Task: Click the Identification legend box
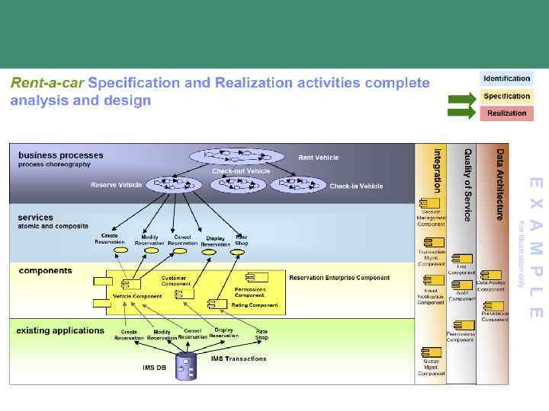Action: tap(506, 78)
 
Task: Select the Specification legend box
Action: tap(506, 96)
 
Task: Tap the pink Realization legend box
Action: tap(506, 113)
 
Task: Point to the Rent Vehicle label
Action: tap(318, 158)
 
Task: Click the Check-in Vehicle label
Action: tap(356, 186)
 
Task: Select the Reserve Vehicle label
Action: tap(116, 185)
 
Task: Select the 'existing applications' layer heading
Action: tap(60, 330)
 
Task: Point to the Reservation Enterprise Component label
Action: tap(339, 278)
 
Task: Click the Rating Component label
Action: tap(255, 305)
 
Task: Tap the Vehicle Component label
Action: tap(137, 296)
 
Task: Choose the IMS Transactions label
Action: tap(239, 358)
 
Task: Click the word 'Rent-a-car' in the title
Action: tap(47, 82)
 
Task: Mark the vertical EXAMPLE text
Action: tap(536, 247)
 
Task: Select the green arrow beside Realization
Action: tap(461, 113)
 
